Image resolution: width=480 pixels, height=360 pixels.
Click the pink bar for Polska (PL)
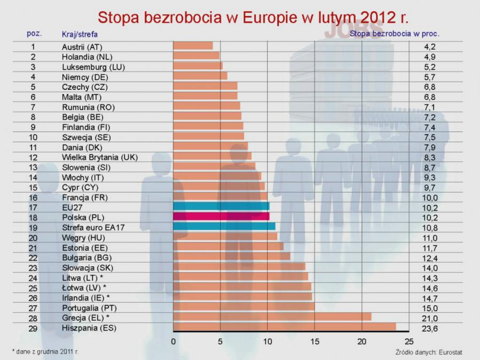221,216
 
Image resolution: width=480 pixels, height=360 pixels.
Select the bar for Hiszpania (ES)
284,327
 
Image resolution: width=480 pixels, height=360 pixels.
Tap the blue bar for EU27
221,206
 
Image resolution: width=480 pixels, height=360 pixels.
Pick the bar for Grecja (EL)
272,316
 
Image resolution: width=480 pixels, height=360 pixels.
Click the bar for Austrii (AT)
193,45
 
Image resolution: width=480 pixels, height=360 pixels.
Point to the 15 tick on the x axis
315,342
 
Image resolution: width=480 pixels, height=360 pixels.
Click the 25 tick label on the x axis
409,342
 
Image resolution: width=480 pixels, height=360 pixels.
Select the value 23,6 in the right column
430,329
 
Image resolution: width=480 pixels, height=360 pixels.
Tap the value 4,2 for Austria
430,47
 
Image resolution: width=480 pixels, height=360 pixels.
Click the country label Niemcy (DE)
85,77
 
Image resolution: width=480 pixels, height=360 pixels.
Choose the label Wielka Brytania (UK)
100,157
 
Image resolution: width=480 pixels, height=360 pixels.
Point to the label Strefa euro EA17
93,228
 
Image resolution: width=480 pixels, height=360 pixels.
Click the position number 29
33,329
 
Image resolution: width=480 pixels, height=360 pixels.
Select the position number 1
33,47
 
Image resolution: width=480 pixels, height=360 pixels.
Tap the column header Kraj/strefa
80,34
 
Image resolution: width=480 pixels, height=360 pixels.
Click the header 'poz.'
34,33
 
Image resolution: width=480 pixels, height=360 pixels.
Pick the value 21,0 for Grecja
430,319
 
